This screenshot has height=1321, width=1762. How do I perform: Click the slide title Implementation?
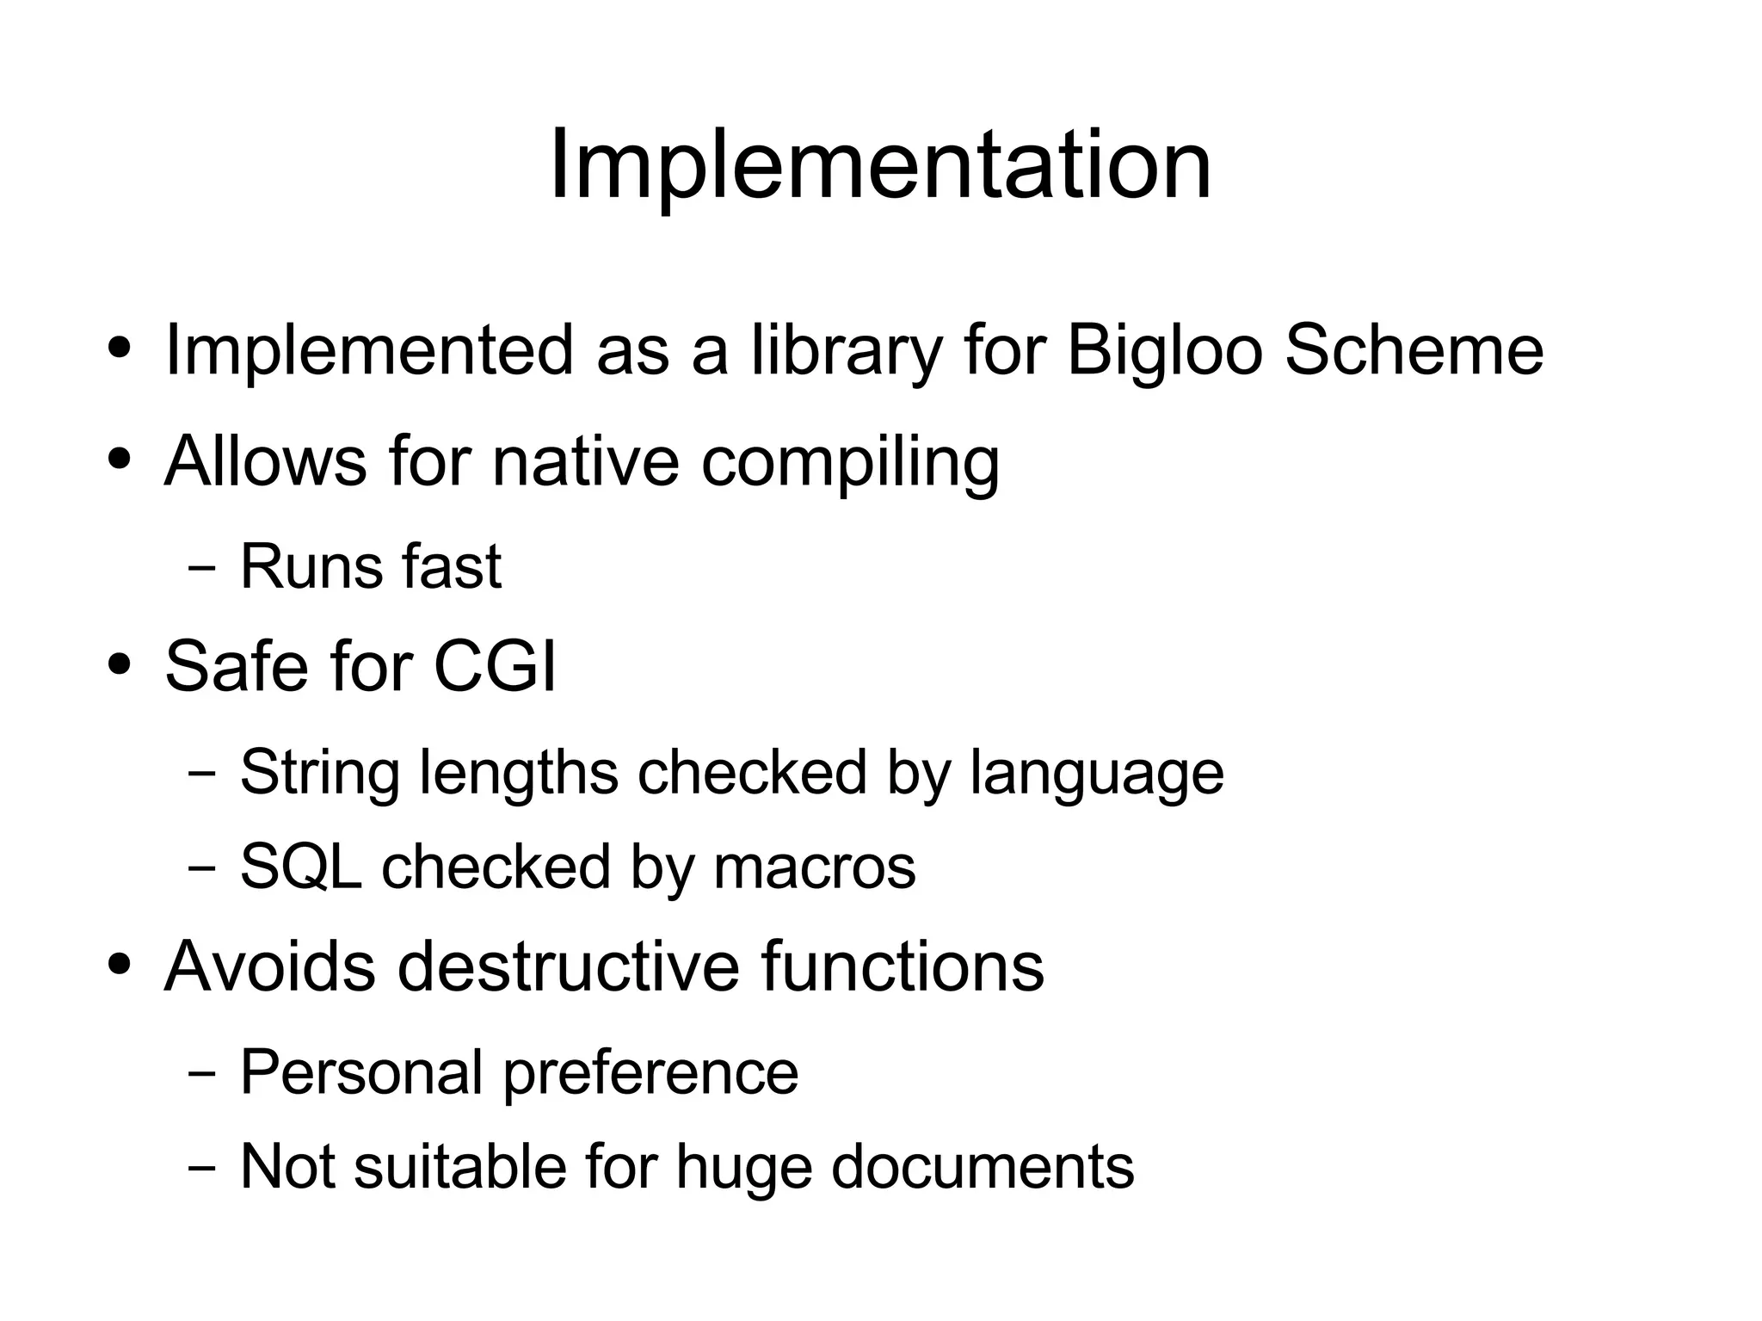(x=880, y=164)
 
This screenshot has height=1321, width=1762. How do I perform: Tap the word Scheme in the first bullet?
(x=1414, y=350)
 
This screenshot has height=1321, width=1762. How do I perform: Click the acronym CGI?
(x=495, y=666)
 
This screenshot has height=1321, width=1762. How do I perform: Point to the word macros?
(x=815, y=867)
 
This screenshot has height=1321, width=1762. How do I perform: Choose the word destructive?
(x=568, y=966)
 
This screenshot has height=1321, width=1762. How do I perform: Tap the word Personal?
(x=361, y=1072)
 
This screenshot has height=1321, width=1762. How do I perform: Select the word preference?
(x=650, y=1074)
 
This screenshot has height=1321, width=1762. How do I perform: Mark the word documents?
(x=983, y=1167)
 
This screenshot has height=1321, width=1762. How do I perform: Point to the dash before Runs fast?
(x=201, y=569)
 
